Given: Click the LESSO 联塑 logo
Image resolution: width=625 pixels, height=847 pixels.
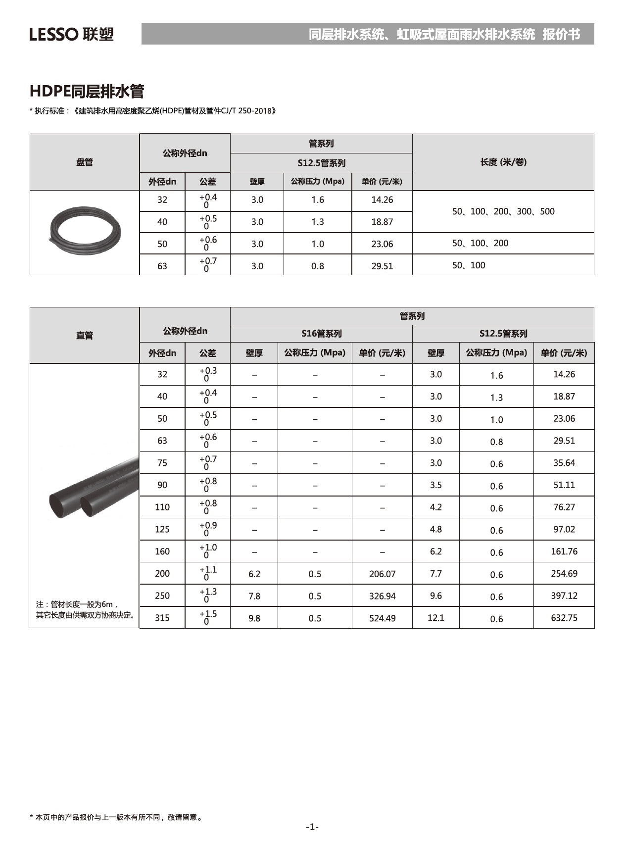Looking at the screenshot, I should (71, 34).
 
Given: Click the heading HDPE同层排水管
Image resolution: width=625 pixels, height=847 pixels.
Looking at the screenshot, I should (87, 92).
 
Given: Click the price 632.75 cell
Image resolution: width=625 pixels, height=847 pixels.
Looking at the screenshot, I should (564, 618).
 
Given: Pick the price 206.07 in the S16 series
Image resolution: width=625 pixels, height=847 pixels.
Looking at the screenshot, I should (382, 574).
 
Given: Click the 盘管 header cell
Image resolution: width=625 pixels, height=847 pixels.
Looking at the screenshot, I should (85, 162).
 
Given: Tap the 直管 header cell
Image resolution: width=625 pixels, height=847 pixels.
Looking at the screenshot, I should (85, 335).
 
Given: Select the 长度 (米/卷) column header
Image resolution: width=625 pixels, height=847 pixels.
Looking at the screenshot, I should (503, 162).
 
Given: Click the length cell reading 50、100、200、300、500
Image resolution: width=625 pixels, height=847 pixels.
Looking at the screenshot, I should (503, 211).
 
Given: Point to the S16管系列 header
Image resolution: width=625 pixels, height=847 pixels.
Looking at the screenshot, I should (321, 334).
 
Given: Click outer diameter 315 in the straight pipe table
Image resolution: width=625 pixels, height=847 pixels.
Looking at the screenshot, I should (162, 618).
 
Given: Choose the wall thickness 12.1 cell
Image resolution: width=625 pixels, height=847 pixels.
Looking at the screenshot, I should (435, 618).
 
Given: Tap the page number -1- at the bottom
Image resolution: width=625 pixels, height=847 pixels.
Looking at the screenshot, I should (312, 827).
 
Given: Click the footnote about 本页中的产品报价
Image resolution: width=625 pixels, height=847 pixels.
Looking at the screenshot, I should (116, 817).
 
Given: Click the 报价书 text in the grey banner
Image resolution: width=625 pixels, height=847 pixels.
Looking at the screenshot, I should (561, 34).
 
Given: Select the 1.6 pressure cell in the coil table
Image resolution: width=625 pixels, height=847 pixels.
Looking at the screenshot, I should (317, 200).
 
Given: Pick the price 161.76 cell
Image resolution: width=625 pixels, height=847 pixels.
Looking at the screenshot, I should (564, 551).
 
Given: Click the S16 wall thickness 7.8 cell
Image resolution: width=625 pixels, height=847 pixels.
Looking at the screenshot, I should (254, 596).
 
